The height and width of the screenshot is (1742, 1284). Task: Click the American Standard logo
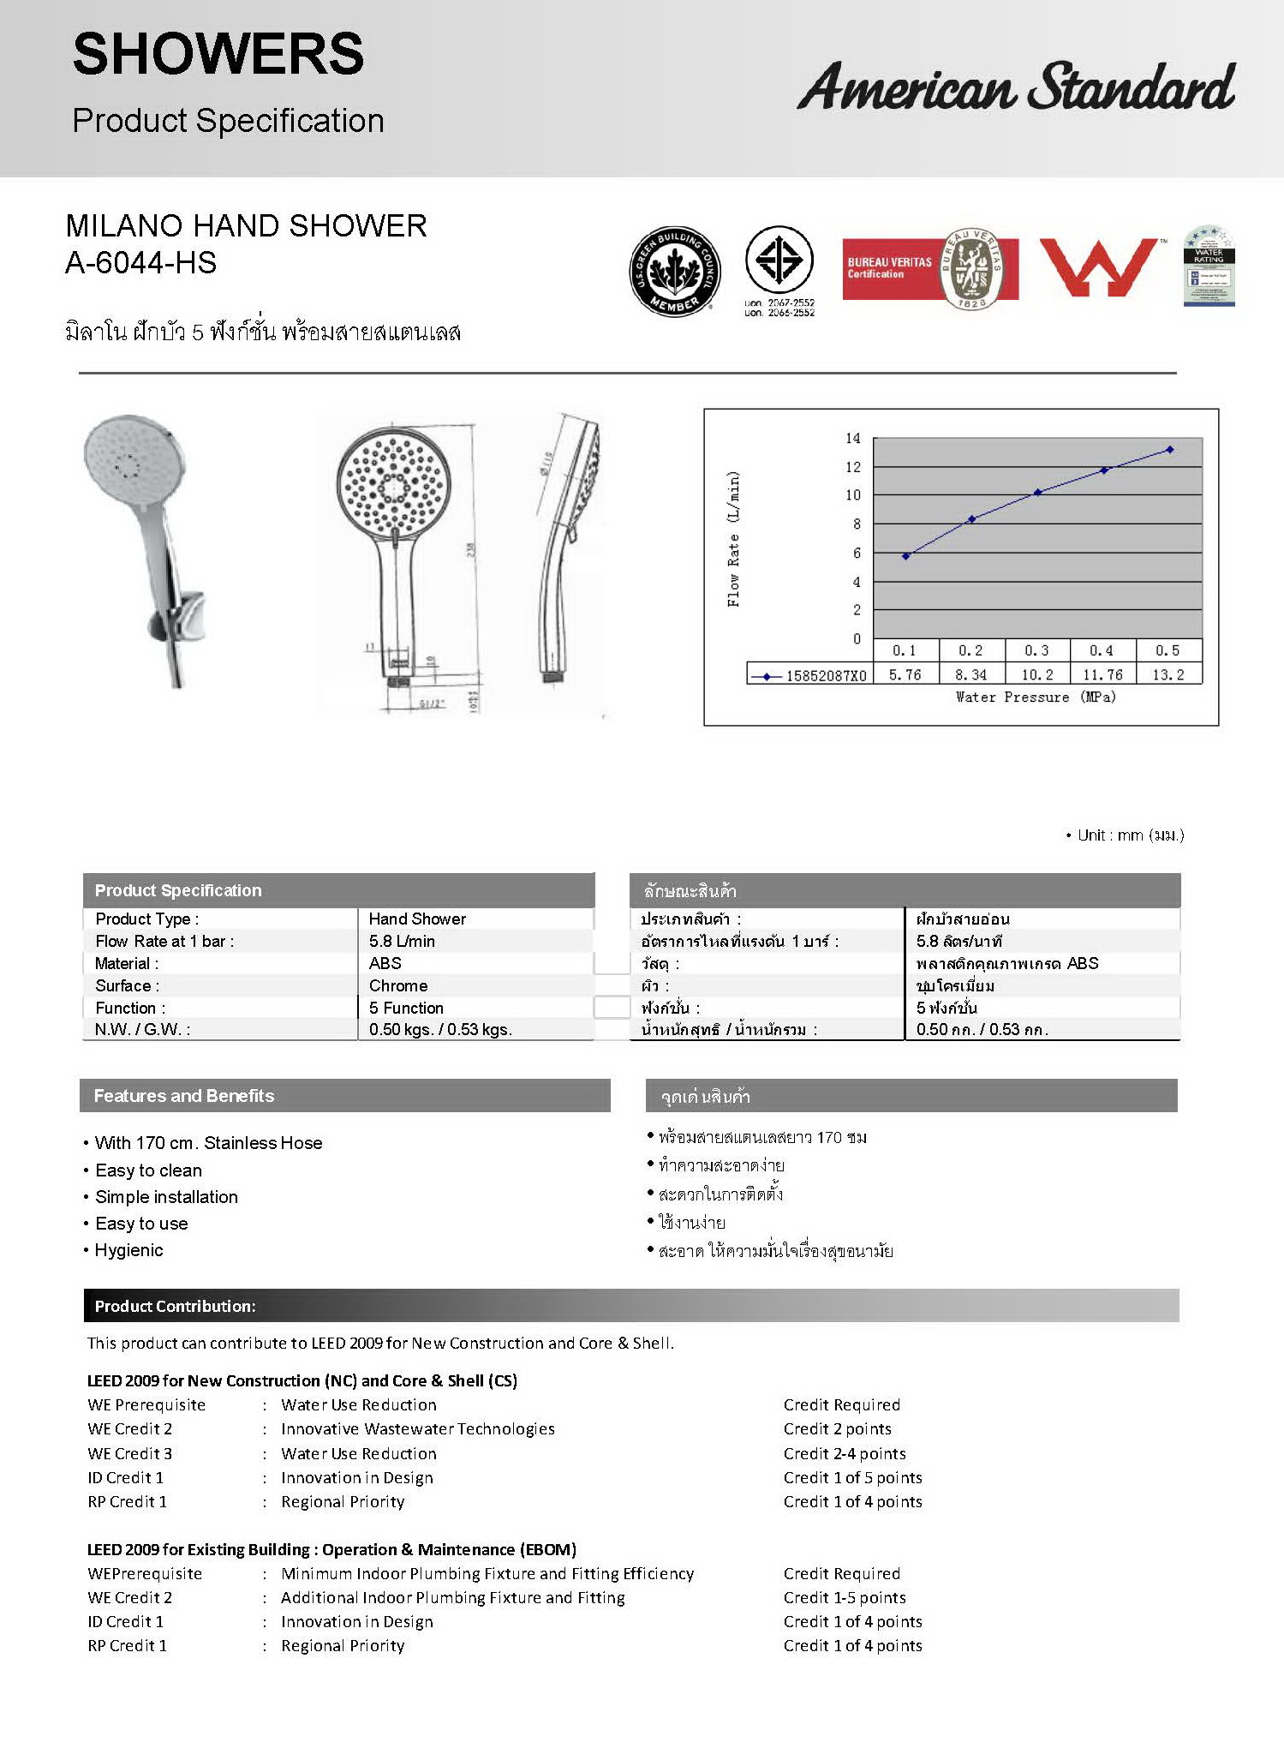tap(1016, 87)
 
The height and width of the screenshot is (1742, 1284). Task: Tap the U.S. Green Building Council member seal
tap(674, 271)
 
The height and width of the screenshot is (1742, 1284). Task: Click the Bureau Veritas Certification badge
tap(930, 269)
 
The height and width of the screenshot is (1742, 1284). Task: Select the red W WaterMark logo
tap(1098, 267)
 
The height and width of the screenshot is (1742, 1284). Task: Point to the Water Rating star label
tap(1208, 266)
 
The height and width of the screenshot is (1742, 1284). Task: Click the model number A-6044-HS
tap(140, 263)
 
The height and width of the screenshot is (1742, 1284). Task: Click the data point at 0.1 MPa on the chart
tap(906, 556)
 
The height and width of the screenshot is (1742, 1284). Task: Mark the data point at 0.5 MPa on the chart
tap(1170, 450)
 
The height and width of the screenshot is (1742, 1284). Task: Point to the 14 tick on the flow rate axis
tap(852, 439)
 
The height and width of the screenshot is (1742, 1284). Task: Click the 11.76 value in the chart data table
tap(1102, 675)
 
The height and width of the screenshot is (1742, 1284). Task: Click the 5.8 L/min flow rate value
tap(402, 941)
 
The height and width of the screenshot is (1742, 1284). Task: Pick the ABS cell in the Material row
tap(385, 963)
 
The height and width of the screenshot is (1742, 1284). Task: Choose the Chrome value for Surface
tap(398, 985)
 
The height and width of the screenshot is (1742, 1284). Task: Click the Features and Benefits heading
tap(184, 1096)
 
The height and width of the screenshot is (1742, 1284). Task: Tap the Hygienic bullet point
tap(128, 1250)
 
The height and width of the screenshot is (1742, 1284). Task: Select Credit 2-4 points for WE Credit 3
tap(844, 1453)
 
